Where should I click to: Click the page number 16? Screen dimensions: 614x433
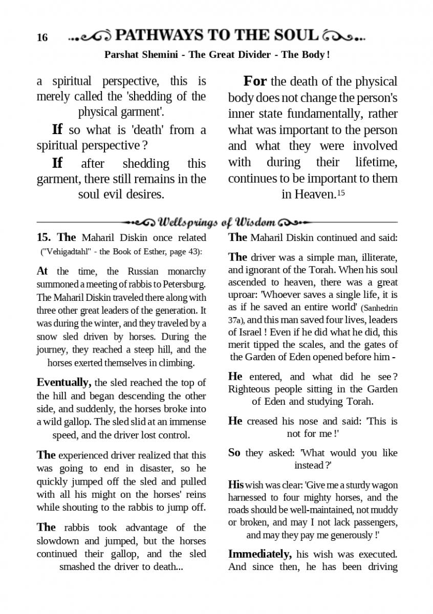pyautogui.click(x=42, y=38)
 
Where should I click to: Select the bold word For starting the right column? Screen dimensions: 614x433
pyautogui.click(x=255, y=81)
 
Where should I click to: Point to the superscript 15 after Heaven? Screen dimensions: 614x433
pyautogui.click(x=341, y=193)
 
